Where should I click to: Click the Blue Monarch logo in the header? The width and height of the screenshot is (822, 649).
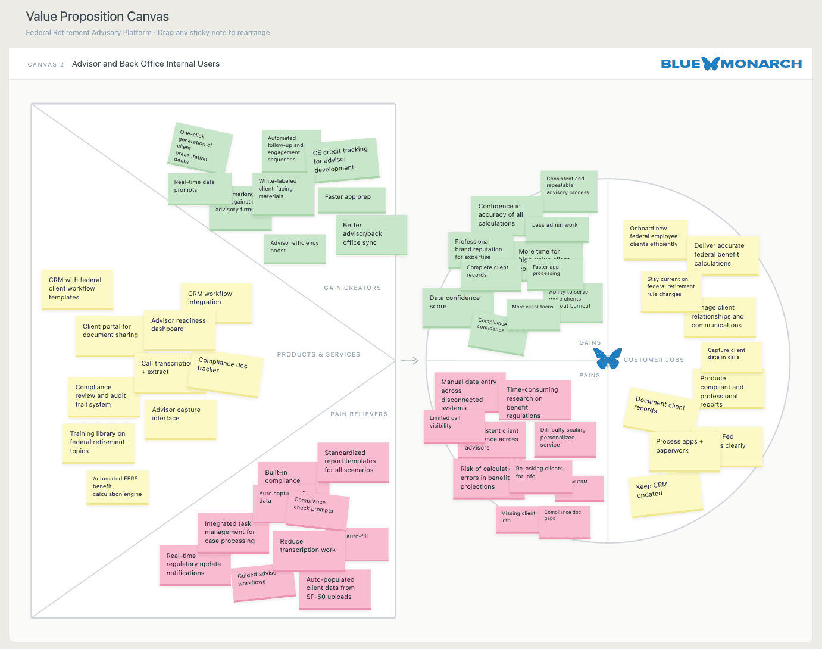coord(731,64)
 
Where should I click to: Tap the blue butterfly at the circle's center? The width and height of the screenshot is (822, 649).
coord(608,358)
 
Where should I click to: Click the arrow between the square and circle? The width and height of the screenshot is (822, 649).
coord(410,361)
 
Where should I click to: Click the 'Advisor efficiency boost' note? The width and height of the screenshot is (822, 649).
coord(295,247)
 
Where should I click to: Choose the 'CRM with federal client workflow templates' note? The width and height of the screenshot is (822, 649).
coord(77,289)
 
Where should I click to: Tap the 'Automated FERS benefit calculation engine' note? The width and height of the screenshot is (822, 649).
coord(117,486)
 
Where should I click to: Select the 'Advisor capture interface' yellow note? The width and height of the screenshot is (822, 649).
coord(180,419)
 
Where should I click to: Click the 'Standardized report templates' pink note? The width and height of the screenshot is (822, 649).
coord(352,461)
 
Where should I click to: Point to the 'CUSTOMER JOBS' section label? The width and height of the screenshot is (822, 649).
coord(654,360)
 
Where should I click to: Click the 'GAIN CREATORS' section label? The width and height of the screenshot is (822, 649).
coord(352,288)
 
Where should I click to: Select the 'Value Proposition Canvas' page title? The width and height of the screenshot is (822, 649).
coord(98,17)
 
